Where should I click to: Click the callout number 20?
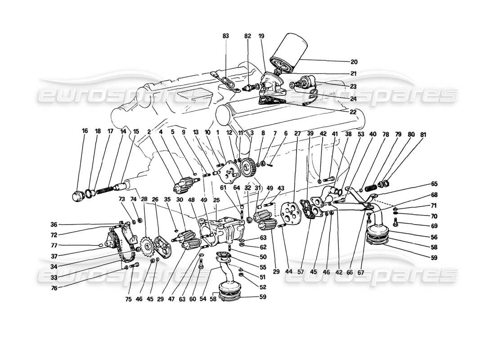coord(354,62)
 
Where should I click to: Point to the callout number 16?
coord(85,131)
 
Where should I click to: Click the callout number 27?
coord(297,134)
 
